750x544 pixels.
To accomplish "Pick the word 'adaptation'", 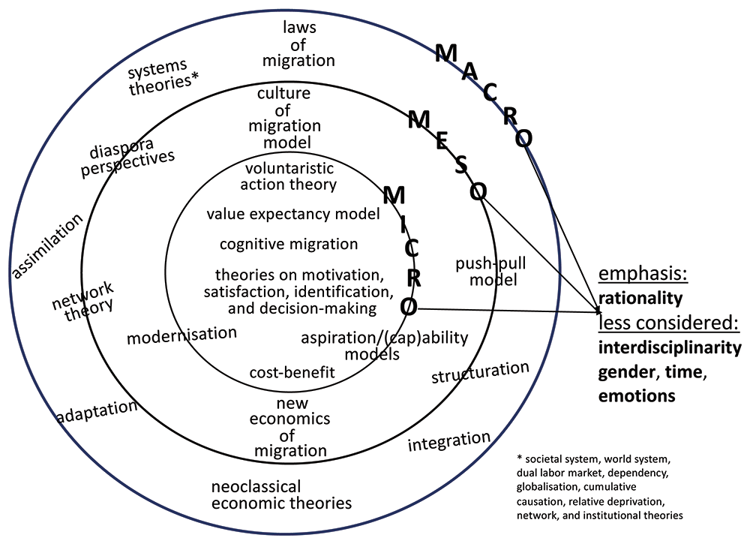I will (x=97, y=412).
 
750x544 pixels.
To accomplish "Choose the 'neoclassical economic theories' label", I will (x=281, y=494).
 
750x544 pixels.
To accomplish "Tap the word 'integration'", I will (x=448, y=441).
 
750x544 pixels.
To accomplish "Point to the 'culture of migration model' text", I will (x=289, y=118).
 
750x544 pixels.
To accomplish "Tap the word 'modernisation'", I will (x=181, y=335).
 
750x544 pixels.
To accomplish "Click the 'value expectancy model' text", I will (x=293, y=214).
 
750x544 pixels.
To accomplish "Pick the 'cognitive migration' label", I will (x=289, y=245).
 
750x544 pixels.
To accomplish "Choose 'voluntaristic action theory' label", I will (x=289, y=176).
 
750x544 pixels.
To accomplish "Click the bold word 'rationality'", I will (x=640, y=298).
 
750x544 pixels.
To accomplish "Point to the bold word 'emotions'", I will (x=634, y=395).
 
